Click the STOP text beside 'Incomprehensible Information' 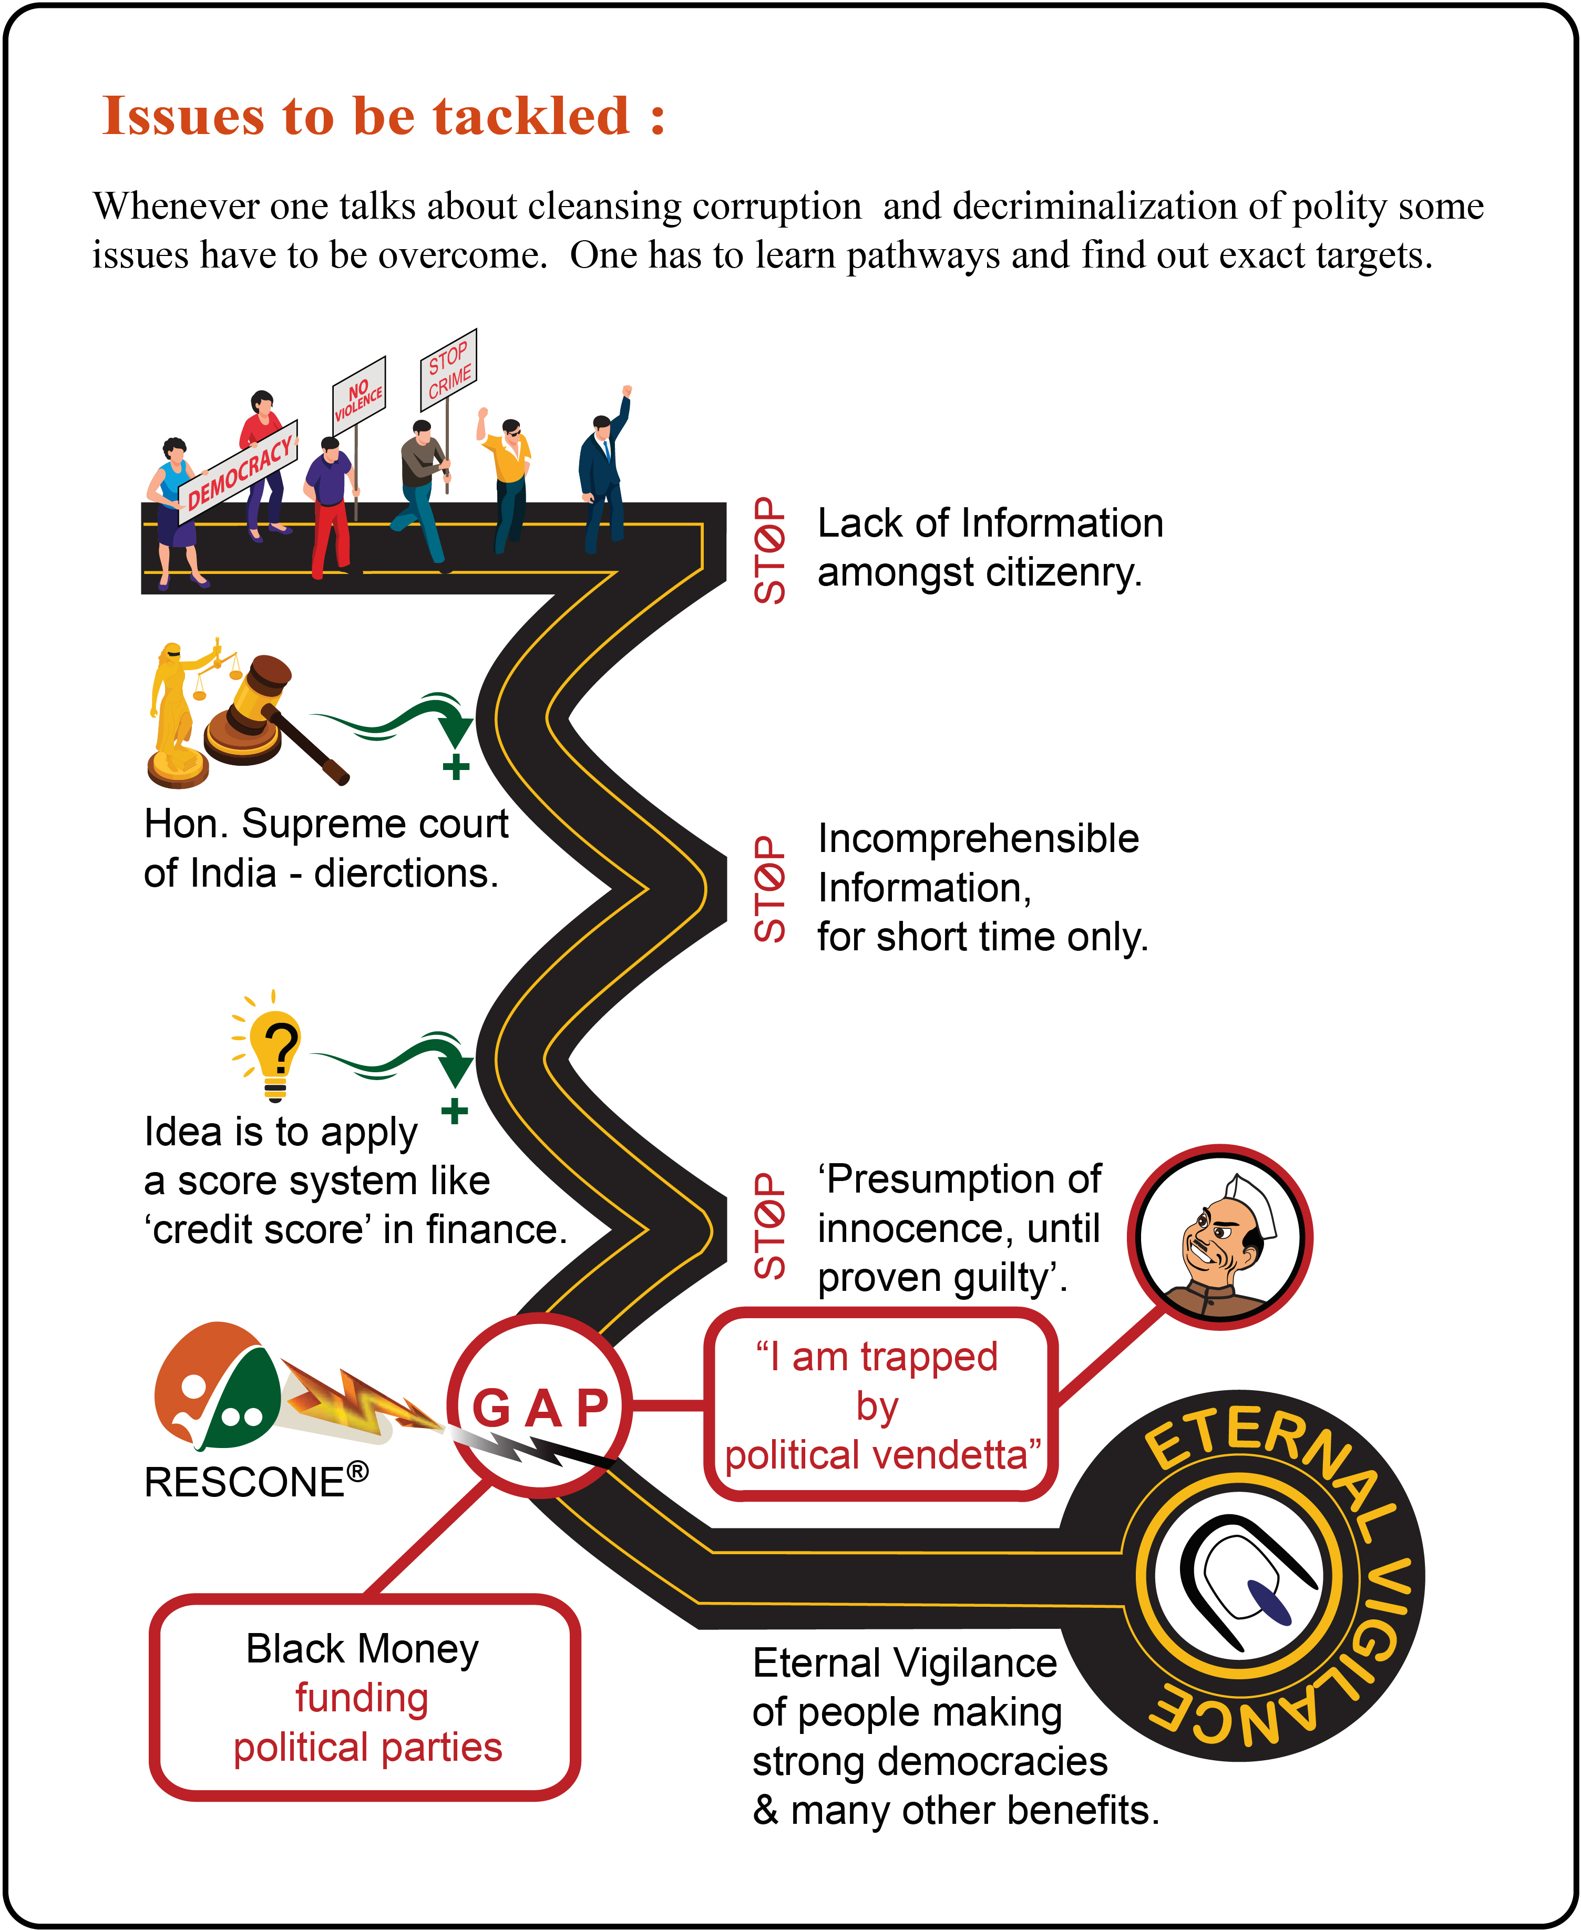pos(769,889)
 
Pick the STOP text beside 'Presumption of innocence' pos(769,1225)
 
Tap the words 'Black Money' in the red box pos(363,1649)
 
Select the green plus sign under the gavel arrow pos(456,767)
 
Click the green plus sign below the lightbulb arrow pos(455,1110)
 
